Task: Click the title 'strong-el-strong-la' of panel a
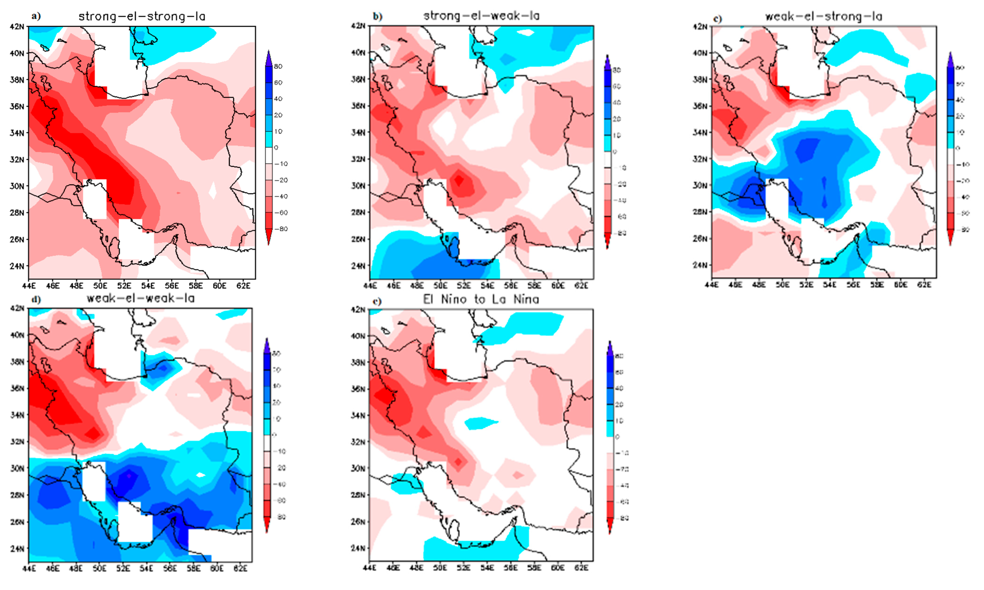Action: pos(142,16)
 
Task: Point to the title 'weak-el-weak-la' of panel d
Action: pos(141,298)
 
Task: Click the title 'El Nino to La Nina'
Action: pos(481,299)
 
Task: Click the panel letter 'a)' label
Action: pos(36,16)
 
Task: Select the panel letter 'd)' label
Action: pos(36,299)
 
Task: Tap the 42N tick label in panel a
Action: pos(17,27)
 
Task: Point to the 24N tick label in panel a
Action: pos(17,266)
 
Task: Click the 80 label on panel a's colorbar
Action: pos(278,66)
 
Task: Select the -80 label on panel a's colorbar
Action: pos(280,229)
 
